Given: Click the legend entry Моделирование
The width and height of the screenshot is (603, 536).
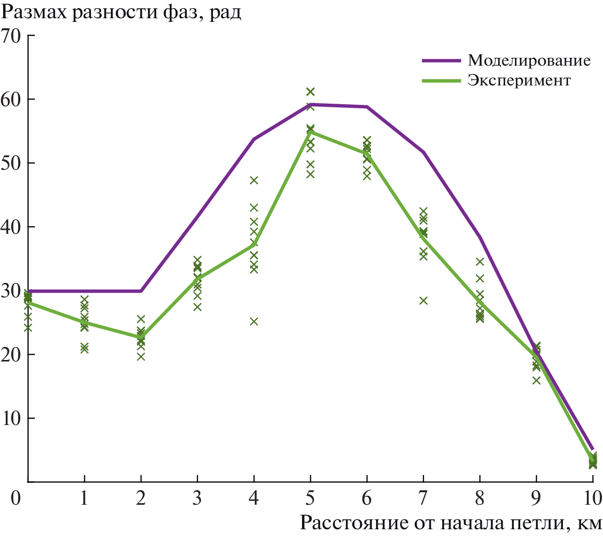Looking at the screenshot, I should (529, 60).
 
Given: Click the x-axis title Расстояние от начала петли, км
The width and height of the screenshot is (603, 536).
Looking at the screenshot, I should (451, 521).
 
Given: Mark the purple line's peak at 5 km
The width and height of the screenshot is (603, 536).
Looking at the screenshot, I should (310, 105).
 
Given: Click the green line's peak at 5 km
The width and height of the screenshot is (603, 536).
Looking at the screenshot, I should (310, 132).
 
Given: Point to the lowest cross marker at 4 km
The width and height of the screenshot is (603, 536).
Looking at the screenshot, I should (254, 321).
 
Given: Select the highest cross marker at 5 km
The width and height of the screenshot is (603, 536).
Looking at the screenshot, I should (310, 92).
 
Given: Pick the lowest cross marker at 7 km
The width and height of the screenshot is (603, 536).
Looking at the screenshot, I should (423, 301).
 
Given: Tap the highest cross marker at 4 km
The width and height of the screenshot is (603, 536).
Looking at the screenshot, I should (254, 180).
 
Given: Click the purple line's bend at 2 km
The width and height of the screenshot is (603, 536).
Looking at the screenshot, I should (141, 291).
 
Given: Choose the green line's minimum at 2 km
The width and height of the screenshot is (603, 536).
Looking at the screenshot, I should (141, 337).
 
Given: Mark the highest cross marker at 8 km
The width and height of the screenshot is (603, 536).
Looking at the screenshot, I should (480, 261).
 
